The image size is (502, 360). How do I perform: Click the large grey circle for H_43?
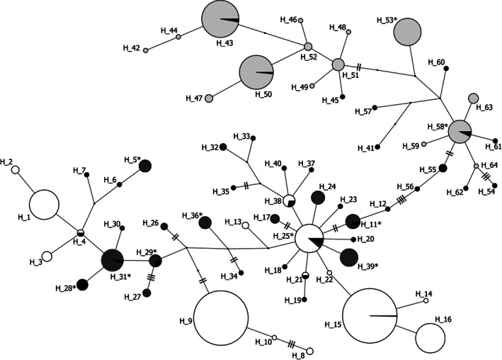(222, 19)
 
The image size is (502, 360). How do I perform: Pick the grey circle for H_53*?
(408, 33)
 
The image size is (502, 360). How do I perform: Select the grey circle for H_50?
(256, 73)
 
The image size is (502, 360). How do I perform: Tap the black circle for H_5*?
(145, 166)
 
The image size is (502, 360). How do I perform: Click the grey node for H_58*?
(460, 130)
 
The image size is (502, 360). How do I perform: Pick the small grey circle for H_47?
(209, 99)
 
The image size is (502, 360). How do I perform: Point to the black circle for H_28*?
(82, 285)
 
